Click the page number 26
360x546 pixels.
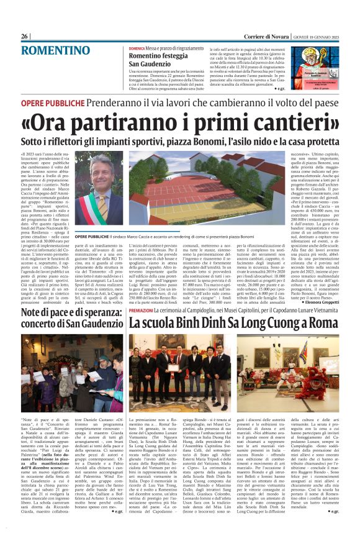(25, 37)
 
